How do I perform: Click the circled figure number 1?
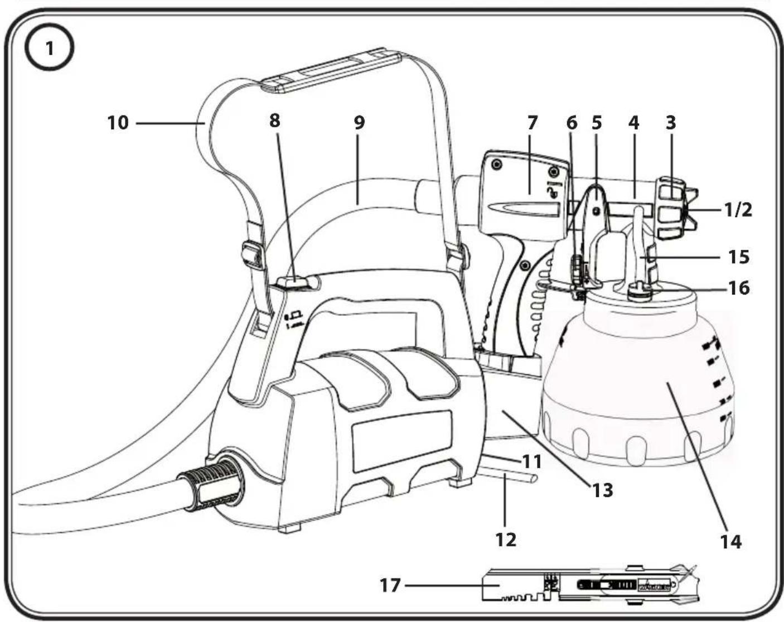pyautogui.click(x=49, y=49)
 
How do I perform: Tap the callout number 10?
pyautogui.click(x=118, y=123)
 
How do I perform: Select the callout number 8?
pyautogui.click(x=275, y=120)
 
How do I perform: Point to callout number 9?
pyautogui.click(x=359, y=123)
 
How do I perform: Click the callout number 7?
pyautogui.click(x=533, y=123)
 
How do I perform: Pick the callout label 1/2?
pyautogui.click(x=738, y=210)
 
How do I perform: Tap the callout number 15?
pyautogui.click(x=739, y=257)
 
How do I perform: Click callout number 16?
pyautogui.click(x=739, y=288)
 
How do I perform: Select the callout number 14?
pyautogui.click(x=731, y=543)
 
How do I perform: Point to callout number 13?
pyautogui.click(x=603, y=490)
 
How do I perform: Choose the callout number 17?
pyautogui.click(x=390, y=586)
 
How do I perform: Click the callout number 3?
pyautogui.click(x=671, y=123)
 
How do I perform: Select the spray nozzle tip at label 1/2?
pyautogui.click(x=690, y=210)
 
